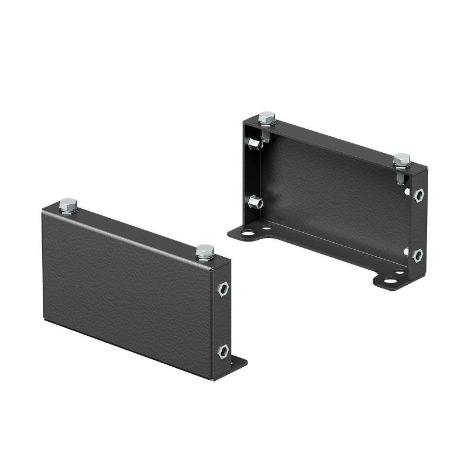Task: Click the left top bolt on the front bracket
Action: coord(68,205)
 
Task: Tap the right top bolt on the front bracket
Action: coord(205,252)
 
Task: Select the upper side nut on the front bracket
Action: coord(223,288)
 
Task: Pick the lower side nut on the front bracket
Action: coord(223,352)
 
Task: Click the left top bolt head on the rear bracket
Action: coord(267,118)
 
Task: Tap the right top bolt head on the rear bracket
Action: coord(401,160)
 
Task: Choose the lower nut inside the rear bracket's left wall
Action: coord(255,202)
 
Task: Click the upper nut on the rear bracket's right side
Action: coord(418,194)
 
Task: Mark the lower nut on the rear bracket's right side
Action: coord(418,255)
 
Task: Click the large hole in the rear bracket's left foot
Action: coord(247,233)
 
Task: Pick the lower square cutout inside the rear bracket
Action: coord(405,252)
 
